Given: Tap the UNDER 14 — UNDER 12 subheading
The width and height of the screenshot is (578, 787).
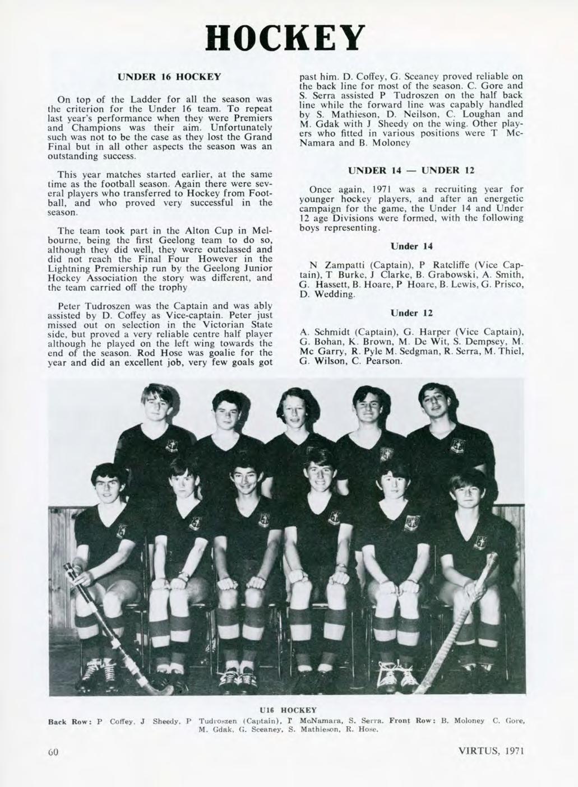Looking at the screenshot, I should pyautogui.click(x=409, y=170).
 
